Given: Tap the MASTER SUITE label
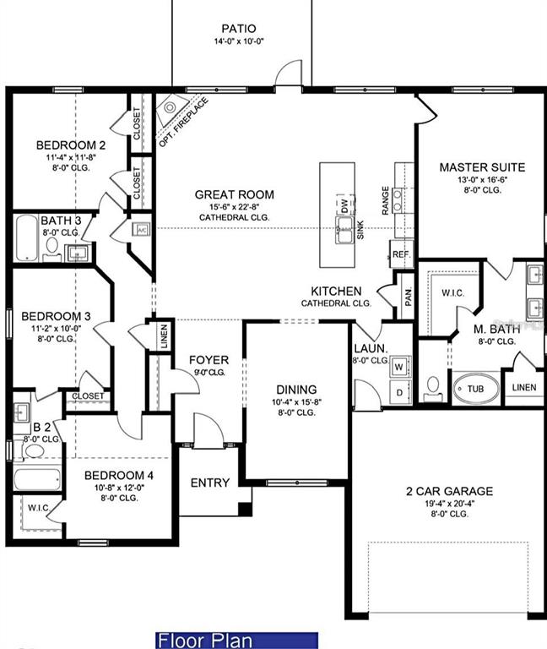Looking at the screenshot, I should tap(482, 167).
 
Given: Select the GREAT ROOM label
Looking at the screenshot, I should tap(235, 194).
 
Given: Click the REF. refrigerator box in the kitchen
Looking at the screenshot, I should tap(400, 253).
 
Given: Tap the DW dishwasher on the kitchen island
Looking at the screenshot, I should tap(344, 205).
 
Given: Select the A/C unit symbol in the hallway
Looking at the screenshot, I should tap(141, 229).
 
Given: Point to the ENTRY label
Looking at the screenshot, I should tap(209, 483).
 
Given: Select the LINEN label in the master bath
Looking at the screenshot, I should tap(523, 387).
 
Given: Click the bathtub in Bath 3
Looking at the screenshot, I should tap(27, 239).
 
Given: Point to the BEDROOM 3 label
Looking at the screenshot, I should tap(55, 316).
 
